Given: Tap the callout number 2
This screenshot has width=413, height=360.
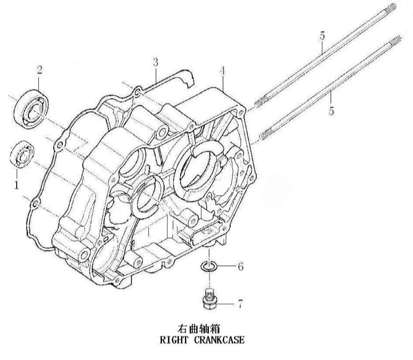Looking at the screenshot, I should [39, 70].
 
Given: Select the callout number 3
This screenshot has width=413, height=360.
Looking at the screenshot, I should [156, 61].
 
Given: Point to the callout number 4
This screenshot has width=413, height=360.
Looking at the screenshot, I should [222, 71].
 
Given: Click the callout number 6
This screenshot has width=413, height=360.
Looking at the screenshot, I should [240, 267].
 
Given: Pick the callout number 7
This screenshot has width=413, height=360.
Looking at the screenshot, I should [240, 304].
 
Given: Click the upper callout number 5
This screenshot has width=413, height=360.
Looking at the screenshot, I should [322, 36].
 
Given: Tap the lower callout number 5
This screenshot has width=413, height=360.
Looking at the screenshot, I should [331, 111].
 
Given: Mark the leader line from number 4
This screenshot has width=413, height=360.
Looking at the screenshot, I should [221, 84].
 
